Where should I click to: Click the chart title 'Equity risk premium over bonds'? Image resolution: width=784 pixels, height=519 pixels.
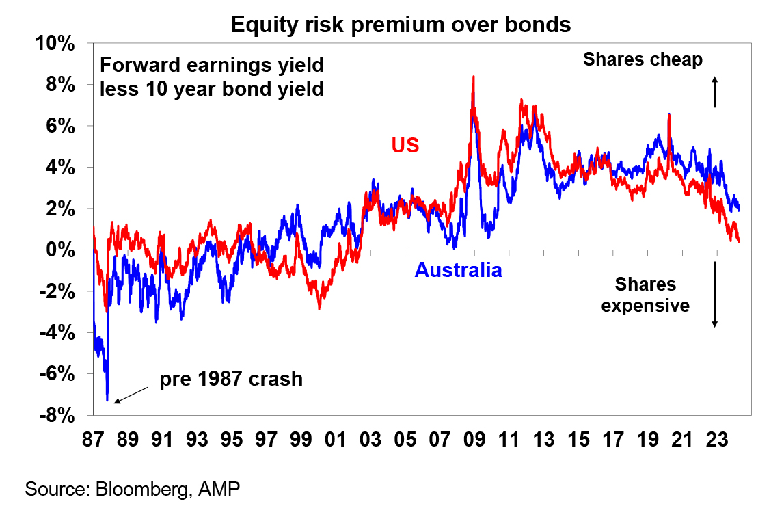click(401, 25)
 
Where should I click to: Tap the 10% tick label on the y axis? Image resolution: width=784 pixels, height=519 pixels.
click(55, 44)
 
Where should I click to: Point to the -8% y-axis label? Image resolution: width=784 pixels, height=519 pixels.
click(57, 415)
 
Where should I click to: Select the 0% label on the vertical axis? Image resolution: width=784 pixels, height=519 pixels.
click(60, 250)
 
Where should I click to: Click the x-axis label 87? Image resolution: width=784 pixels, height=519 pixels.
click(93, 440)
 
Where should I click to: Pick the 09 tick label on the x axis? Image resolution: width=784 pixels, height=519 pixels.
click(474, 440)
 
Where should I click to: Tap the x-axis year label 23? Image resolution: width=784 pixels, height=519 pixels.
click(716, 440)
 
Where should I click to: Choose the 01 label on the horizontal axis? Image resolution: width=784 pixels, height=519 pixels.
click(336, 440)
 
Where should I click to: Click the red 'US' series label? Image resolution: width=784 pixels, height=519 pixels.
click(405, 145)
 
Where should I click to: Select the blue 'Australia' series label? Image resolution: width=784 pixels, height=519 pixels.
click(459, 270)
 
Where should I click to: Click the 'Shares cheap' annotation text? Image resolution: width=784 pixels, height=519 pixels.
click(643, 59)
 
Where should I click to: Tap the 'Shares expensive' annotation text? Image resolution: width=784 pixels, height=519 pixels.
click(645, 295)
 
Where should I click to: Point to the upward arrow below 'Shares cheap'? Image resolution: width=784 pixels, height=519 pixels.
click(714, 92)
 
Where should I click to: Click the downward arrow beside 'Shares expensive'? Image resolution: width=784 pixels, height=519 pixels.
click(714, 295)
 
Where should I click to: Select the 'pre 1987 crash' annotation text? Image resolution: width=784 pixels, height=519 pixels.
click(231, 379)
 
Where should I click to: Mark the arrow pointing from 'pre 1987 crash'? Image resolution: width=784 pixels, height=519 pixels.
click(131, 395)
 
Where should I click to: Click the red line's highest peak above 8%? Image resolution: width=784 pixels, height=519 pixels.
click(474, 77)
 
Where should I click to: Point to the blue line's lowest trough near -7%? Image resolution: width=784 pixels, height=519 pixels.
click(107, 400)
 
